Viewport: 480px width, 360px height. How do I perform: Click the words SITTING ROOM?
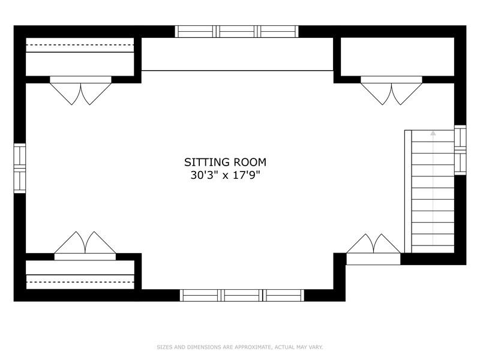(225, 162)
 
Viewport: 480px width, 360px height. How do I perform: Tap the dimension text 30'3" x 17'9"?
(225, 175)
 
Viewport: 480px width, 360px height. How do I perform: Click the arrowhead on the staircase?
(433, 133)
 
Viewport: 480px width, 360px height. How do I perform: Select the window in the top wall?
(236, 32)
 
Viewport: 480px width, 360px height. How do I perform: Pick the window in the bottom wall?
(242, 295)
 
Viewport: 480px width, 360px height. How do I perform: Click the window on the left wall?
(20, 169)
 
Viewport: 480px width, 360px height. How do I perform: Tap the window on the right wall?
(460, 150)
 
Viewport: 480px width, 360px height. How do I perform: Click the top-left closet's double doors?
(80, 91)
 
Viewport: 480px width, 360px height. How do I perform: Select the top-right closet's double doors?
(392, 91)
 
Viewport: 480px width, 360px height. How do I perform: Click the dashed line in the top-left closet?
(80, 45)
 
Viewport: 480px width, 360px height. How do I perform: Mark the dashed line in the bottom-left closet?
(80, 282)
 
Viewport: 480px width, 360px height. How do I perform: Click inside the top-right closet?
(397, 56)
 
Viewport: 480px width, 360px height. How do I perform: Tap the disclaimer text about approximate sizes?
(239, 347)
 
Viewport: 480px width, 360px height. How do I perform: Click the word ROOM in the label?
(250, 162)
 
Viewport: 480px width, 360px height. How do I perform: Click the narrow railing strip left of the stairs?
(408, 191)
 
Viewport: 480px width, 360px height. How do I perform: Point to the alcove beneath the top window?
(237, 54)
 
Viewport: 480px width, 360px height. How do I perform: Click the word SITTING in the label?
(207, 162)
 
